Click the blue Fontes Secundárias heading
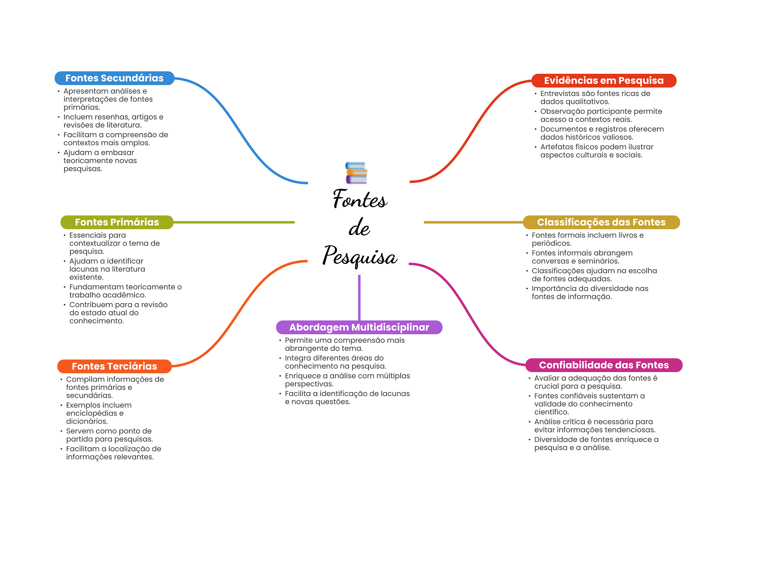tap(114, 78)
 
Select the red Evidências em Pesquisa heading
tap(603, 80)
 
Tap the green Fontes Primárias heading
tap(117, 222)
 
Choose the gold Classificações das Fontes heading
tap(601, 222)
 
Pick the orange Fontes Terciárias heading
tap(114, 366)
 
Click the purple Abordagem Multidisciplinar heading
tap(359, 327)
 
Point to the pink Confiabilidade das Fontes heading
tap(603, 365)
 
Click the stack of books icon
tap(356, 173)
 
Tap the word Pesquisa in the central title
tap(359, 256)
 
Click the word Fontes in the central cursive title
tap(359, 199)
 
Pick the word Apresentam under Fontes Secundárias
tap(82, 91)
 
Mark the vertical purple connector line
tap(359, 297)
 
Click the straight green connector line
tap(233, 222)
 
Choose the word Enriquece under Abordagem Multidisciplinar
tap(302, 376)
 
